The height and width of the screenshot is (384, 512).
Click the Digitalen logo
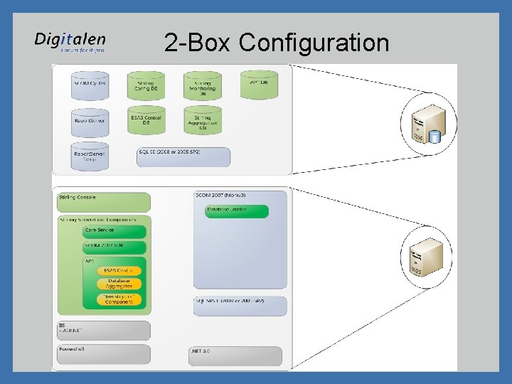70,42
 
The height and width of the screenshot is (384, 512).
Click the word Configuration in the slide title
314,43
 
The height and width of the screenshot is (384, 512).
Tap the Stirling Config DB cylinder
146,85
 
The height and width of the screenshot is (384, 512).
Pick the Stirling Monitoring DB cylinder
203,86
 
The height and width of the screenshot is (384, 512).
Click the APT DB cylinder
259,84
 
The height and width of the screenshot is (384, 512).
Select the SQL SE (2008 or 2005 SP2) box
183,156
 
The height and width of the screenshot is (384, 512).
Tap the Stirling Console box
103,201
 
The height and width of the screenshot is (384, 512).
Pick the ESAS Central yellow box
119,271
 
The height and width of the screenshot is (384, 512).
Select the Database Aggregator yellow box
119,284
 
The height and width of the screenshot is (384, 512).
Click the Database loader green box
237,211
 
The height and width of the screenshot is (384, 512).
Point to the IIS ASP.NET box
103,330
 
